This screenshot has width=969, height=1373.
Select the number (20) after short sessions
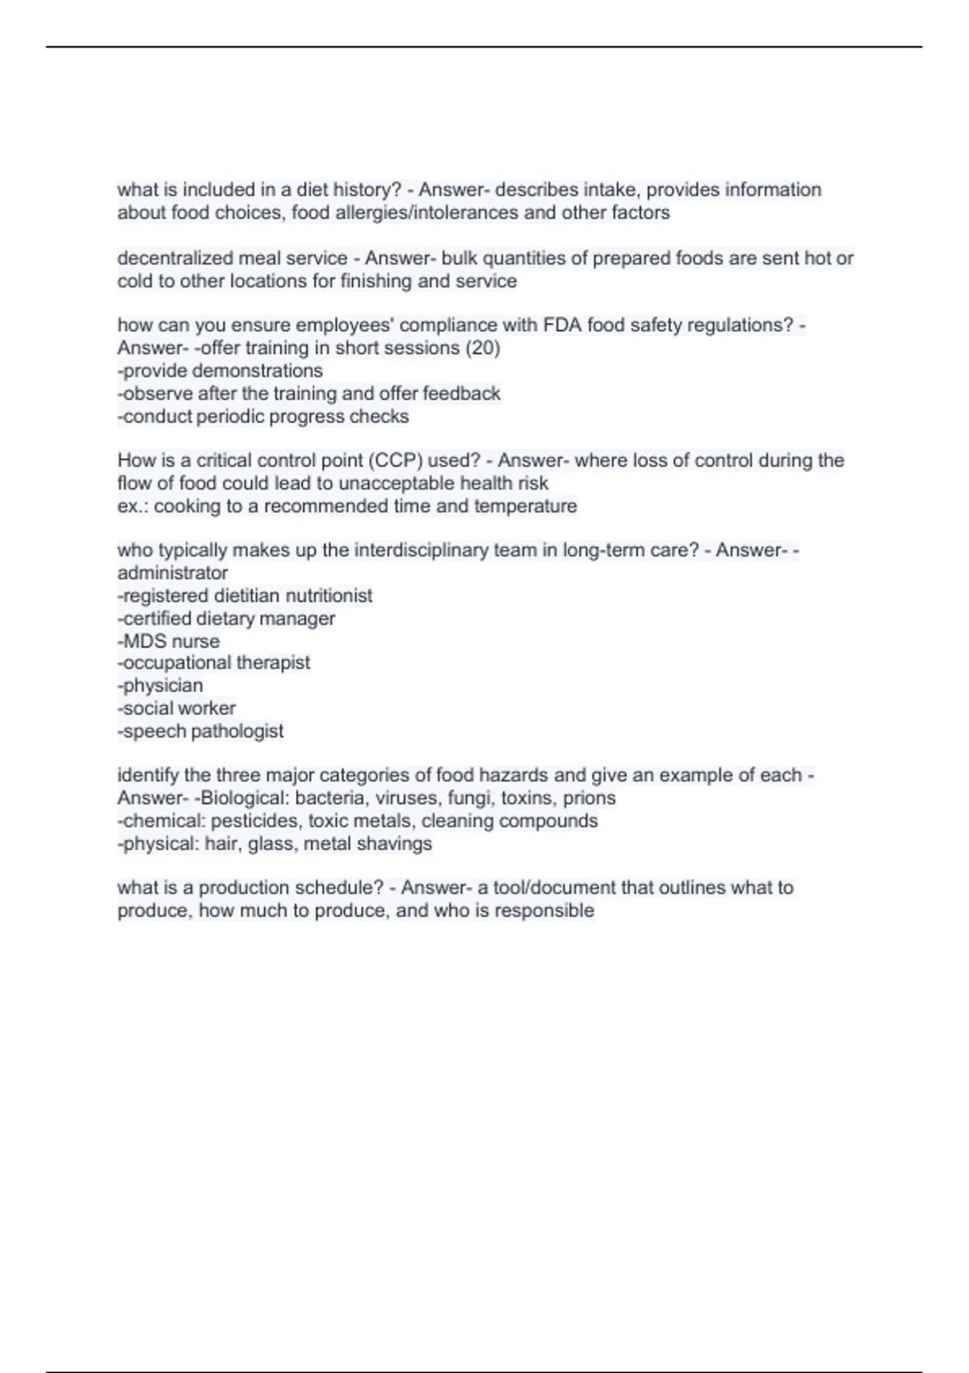[x=483, y=348]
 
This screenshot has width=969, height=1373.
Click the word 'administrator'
[x=172, y=573]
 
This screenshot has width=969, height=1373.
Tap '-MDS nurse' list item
[x=169, y=641]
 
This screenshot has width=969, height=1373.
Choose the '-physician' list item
[x=160, y=686]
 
